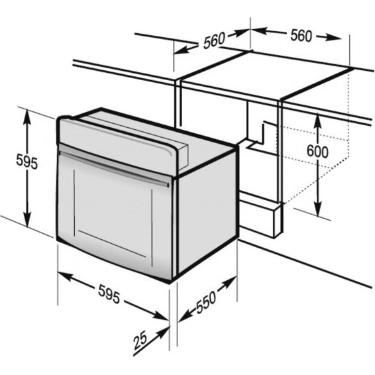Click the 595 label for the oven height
coord(27,162)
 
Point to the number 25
coord(140,341)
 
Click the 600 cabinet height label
coord(317,151)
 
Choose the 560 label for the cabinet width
coord(301,35)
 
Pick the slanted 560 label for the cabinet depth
coord(214,40)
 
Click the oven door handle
coord(113,168)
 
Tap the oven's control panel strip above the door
coord(117,144)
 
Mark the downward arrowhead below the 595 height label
coord(27,218)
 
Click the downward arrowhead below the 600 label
coord(317,208)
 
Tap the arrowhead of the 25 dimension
coord(164,332)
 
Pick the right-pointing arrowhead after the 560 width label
coord(332,37)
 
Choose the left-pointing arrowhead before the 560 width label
coord(259,31)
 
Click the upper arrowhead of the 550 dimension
coord(229,282)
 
